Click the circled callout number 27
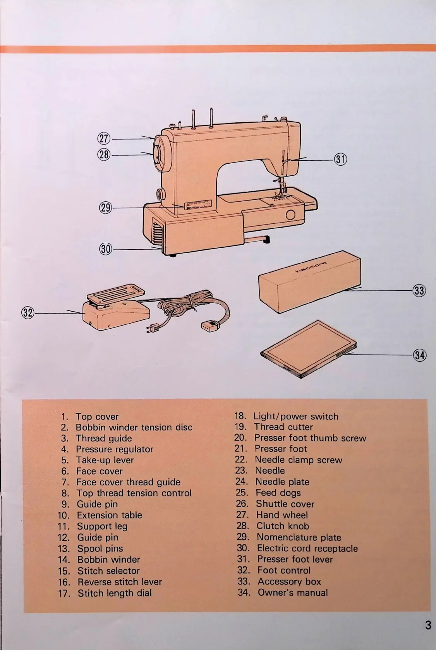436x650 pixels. (103, 139)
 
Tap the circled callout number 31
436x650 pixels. (341, 159)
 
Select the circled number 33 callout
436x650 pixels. (419, 290)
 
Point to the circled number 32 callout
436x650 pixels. (27, 312)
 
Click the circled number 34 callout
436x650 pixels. (420, 355)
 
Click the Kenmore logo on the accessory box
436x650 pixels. (311, 267)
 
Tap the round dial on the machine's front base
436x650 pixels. (290, 215)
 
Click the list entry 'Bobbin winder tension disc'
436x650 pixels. (134, 427)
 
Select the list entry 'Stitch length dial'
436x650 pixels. (114, 593)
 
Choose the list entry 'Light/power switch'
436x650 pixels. (295, 416)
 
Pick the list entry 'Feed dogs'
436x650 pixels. (278, 493)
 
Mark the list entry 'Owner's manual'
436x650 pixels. (292, 592)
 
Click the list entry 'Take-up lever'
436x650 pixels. (105, 460)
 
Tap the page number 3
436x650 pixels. (427, 625)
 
